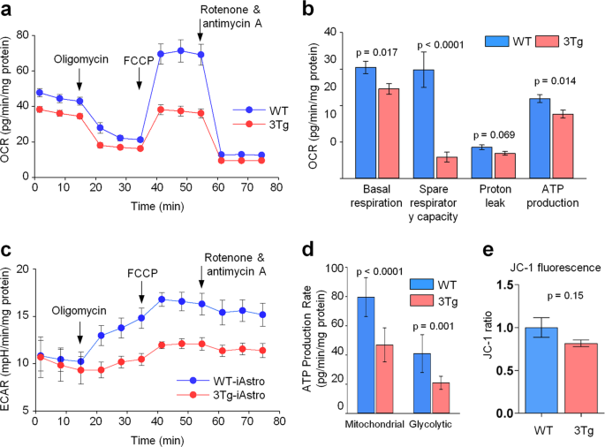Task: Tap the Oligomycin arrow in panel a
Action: pyautogui.click(x=79, y=80)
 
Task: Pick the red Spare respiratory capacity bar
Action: pyautogui.click(x=447, y=168)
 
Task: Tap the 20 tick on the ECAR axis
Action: pyautogui.click(x=22, y=269)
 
